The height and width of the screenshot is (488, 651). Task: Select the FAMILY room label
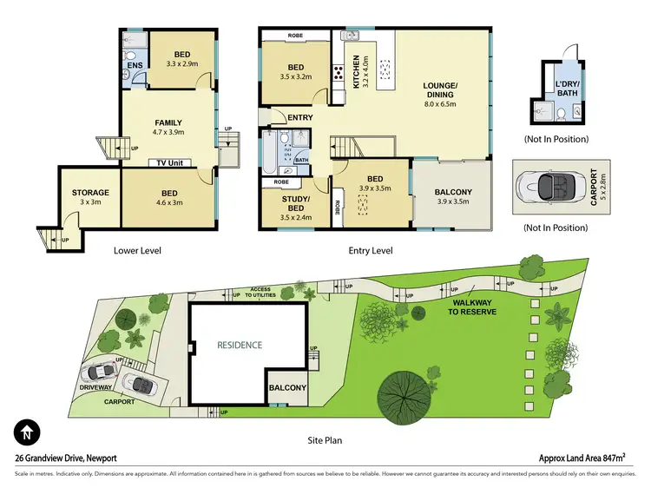pos(168,122)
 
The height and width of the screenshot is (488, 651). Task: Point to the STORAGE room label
pos(90,193)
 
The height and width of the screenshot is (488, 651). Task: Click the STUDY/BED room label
pos(296,201)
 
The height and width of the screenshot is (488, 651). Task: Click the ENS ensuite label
pos(135,64)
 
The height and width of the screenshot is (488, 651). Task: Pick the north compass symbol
pos(27,432)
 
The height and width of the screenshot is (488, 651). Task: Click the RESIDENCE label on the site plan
pos(239,345)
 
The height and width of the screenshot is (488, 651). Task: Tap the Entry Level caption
pos(370,251)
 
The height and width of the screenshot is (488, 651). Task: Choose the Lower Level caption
pos(138,251)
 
